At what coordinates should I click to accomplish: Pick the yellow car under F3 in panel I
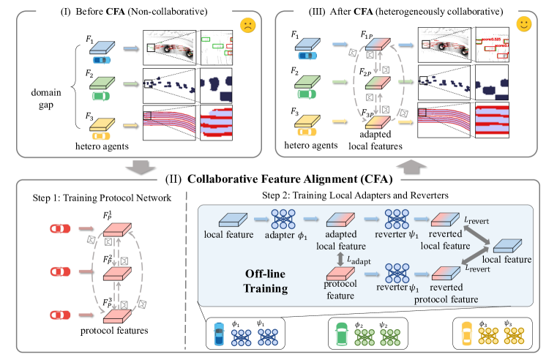[97, 135]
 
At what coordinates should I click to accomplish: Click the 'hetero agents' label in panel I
[97, 147]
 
